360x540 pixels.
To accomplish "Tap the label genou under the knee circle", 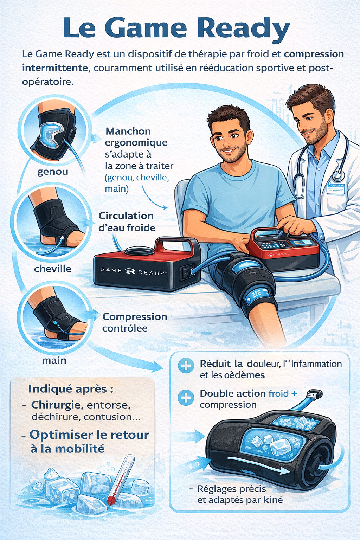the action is coord(53,172).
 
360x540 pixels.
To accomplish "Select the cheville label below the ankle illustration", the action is coord(53,269).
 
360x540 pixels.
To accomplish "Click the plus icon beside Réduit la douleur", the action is coord(186,366).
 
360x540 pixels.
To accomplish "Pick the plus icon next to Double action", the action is coord(186,398).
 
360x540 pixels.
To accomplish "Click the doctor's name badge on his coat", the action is coord(335,188).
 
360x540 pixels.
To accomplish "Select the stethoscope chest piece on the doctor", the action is coord(337,175).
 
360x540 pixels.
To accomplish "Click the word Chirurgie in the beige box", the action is coord(57,405).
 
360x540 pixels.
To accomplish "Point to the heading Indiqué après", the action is coord(71,389).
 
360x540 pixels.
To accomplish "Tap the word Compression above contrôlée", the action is coord(135,317).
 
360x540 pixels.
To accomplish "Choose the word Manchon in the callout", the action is coord(128,131).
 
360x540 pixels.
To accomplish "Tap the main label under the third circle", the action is coord(54,360).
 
